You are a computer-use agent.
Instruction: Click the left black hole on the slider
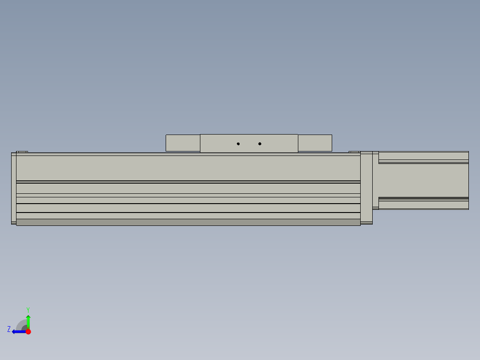coord(238,144)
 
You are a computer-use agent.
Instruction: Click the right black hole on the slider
coord(260,144)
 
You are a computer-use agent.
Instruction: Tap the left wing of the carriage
coord(183,143)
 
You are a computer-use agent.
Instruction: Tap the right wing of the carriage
coord(315,143)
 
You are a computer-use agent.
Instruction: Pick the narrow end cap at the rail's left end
coord(13,188)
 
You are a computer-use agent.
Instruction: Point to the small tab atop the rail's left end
coord(22,152)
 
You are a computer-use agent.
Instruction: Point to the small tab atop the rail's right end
coord(354,152)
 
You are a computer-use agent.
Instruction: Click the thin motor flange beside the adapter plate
coord(375,180)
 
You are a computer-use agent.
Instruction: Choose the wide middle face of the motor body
coord(423,180)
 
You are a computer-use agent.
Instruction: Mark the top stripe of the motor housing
coord(423,156)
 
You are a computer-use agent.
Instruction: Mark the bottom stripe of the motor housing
coord(423,205)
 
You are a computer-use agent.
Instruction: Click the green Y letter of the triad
coord(28,309)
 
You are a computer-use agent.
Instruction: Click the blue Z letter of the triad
coord(9,329)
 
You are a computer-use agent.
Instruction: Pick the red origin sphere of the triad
coord(28,331)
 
